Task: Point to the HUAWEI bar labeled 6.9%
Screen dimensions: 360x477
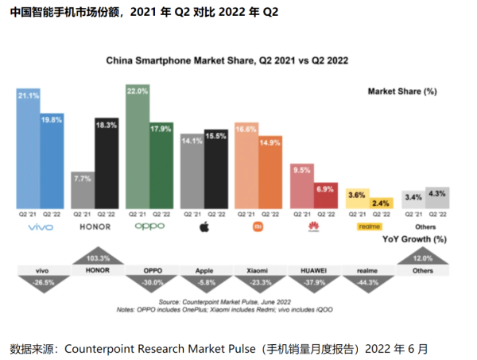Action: pos(325,195)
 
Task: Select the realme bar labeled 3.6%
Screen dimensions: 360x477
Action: pos(358,199)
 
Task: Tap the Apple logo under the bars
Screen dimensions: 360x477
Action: pos(204,226)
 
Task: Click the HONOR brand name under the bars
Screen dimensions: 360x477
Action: pos(95,226)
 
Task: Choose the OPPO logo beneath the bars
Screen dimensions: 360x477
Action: pos(149,226)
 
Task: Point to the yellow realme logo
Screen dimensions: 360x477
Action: pos(370,226)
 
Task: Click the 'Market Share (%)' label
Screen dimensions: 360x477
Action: pos(402,91)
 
